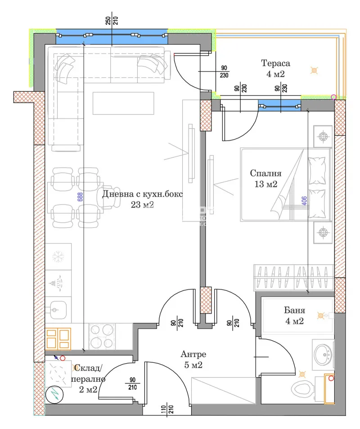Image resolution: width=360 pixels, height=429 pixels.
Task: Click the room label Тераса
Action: (275, 63)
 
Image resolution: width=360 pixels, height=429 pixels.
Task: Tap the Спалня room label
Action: (265, 173)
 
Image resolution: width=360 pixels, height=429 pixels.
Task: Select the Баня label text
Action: (294, 310)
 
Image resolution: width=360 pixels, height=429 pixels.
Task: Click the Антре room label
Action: (193, 354)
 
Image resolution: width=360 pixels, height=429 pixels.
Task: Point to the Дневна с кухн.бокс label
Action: (142, 194)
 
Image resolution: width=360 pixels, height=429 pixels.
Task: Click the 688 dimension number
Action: (80, 197)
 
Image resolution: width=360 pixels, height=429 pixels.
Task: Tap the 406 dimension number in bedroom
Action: (304, 201)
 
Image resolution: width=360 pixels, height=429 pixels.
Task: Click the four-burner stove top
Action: (102, 337)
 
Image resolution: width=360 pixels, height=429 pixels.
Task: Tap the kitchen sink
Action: (56, 310)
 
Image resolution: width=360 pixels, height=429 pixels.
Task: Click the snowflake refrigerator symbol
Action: (58, 257)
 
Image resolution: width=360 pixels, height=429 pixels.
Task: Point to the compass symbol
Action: (55, 394)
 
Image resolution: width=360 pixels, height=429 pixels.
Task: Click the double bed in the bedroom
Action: (286, 185)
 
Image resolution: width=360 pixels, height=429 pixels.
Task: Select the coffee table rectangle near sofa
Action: (123, 103)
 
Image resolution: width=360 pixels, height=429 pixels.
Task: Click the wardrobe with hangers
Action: (294, 277)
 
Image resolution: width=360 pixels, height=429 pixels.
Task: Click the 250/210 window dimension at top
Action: (112, 21)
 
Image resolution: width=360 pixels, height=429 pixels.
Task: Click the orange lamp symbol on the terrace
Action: (314, 71)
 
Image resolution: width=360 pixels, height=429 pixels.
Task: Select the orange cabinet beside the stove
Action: (58, 339)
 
